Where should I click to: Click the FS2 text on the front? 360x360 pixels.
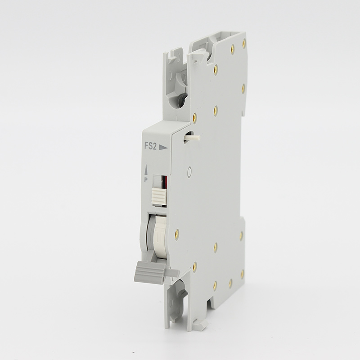click(150, 146)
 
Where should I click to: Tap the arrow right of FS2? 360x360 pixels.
click(163, 148)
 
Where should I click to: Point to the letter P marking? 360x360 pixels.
click(146, 180)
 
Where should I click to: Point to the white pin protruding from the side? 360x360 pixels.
click(192, 138)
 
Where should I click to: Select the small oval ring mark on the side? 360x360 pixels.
click(189, 171)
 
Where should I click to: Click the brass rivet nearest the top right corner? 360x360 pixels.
click(244, 43)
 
